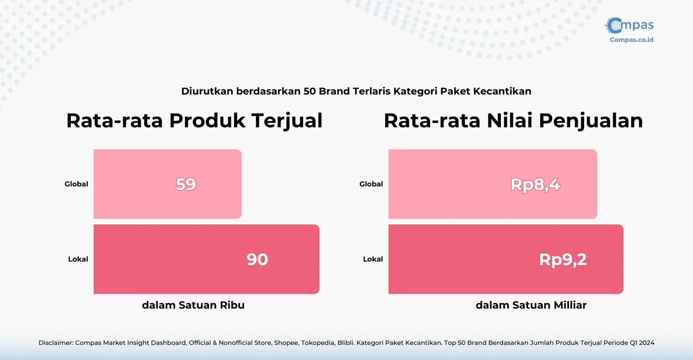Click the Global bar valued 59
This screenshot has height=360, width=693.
pos(168,184)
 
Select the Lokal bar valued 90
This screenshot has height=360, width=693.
pos(206,259)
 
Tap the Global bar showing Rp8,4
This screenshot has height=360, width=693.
pos(493,184)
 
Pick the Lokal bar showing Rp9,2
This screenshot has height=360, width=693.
pos(506,259)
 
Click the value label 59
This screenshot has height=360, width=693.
pos(186,184)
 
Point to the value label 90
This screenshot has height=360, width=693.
pos(257,259)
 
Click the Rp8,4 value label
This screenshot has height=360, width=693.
pos(535,185)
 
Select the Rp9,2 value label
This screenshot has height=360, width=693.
pos(563,259)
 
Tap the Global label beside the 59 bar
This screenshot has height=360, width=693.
pos(76,184)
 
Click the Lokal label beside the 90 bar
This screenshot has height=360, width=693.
pos(78,259)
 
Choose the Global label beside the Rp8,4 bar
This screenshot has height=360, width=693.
pos(371,184)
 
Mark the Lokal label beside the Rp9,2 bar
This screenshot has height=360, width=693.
pos(373,259)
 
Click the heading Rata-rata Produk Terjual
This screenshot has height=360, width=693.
pos(194,120)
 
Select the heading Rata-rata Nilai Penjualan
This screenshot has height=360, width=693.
pos(513,120)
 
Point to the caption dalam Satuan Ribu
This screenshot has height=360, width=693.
pos(193,305)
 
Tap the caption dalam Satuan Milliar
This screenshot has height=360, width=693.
pos(531,305)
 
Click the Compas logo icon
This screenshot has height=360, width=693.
pos(614,25)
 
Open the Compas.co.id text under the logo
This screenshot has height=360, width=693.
pos(631,40)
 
